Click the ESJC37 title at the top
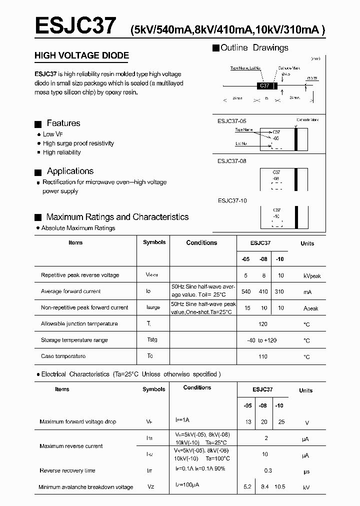[x=75, y=25]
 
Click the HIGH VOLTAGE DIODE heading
[x=81, y=55]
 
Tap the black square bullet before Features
[x=37, y=124]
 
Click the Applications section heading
[x=70, y=171]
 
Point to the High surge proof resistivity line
[x=78, y=143]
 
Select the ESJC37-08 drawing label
[x=232, y=161]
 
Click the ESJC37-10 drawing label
[x=232, y=200]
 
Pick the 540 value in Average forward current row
[x=246, y=291]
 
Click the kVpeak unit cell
[x=311, y=276]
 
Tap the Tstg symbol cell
[x=152, y=340]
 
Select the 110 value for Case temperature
[x=262, y=356]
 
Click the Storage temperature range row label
[x=74, y=340]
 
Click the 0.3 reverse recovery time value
[x=268, y=470]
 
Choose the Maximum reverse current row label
[x=71, y=446]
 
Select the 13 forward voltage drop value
[x=248, y=422]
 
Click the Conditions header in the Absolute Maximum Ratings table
[x=201, y=243]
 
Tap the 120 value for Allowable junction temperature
[x=262, y=324]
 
